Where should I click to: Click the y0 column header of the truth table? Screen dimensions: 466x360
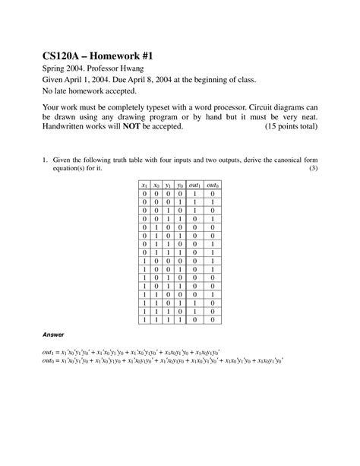pos(178,185)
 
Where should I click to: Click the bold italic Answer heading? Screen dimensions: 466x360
pos(52,334)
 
